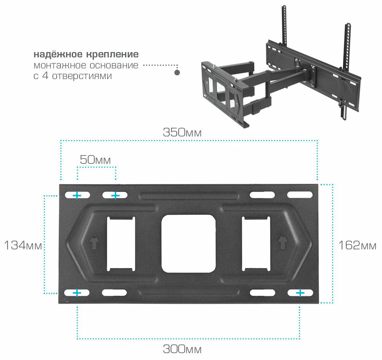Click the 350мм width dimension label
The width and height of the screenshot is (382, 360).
[x=182, y=133]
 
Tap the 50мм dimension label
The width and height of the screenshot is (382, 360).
[x=95, y=160]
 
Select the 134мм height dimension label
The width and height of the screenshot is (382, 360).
[x=22, y=245]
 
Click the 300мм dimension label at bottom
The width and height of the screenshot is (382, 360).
[x=182, y=349]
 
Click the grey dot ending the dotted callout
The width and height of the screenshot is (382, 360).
[x=177, y=72]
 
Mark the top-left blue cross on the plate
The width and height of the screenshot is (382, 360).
[x=77, y=195]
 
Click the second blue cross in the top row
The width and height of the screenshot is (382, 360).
[x=115, y=195]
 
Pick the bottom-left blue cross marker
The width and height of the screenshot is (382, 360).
[x=77, y=293]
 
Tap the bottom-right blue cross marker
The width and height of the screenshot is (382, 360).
[x=300, y=293]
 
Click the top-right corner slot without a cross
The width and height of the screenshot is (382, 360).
[x=300, y=195]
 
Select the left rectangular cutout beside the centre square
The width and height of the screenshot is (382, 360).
[x=120, y=243]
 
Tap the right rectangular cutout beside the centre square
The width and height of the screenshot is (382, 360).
[x=256, y=243]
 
